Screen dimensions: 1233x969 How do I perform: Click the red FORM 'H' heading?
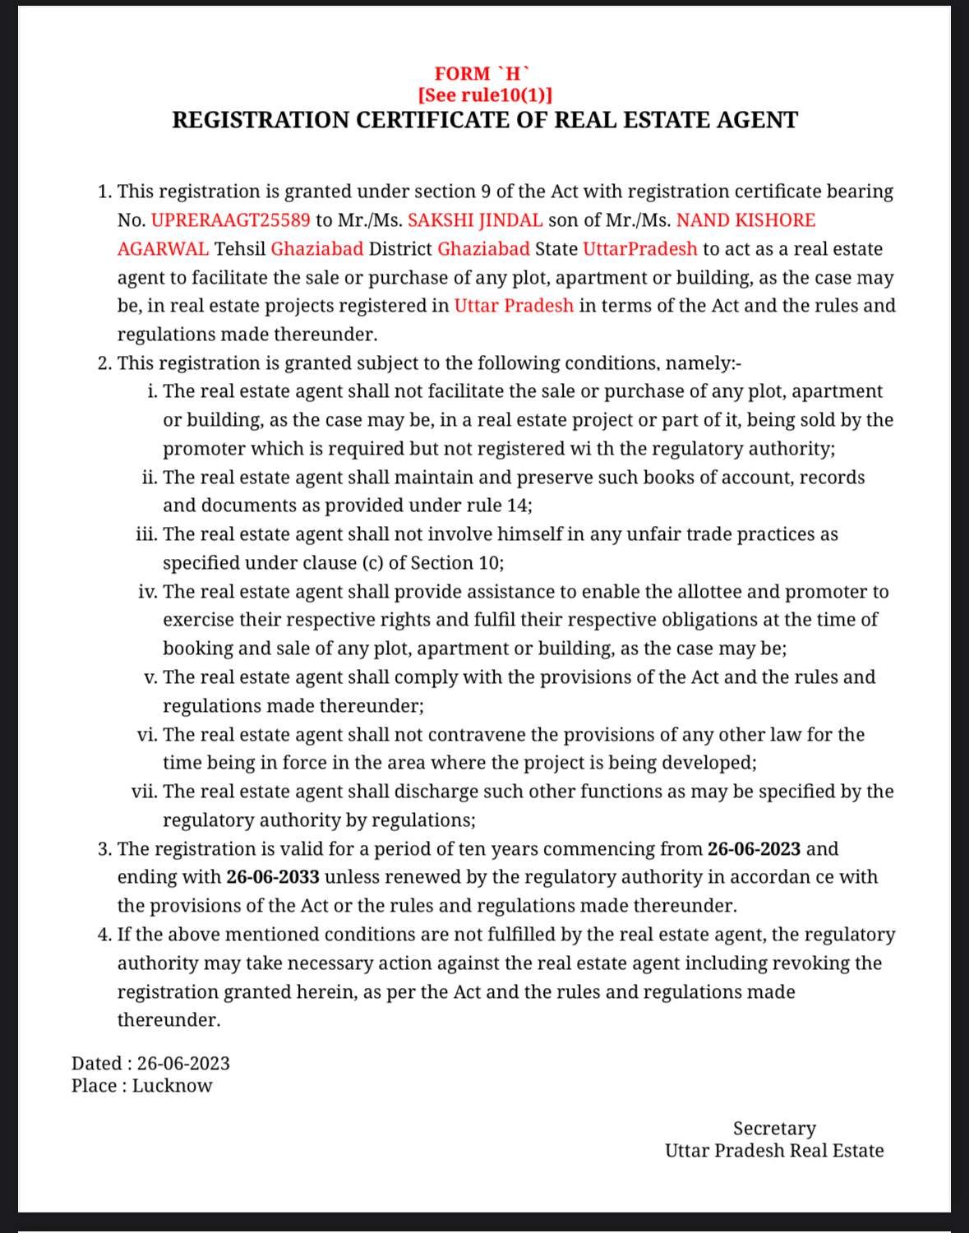click(482, 74)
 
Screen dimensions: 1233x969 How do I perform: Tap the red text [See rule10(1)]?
click(485, 95)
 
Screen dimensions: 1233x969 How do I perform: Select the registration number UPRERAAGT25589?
click(231, 220)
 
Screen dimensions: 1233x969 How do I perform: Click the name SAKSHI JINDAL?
click(475, 220)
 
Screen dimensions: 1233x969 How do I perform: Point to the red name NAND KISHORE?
click(745, 220)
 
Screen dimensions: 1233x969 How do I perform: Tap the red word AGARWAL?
click(163, 249)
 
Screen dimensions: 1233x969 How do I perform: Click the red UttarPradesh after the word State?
click(639, 249)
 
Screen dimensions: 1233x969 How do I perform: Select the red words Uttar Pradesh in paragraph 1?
click(514, 306)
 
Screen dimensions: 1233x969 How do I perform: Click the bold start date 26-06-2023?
click(754, 849)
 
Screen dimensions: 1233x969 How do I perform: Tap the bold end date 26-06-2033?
click(273, 877)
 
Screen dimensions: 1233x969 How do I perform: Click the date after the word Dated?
click(183, 1064)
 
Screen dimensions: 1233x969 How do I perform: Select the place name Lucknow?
click(172, 1086)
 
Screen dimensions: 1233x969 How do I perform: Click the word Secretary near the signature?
click(774, 1129)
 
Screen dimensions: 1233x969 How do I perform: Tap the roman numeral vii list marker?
click(144, 792)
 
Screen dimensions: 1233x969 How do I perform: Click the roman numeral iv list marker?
click(147, 592)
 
